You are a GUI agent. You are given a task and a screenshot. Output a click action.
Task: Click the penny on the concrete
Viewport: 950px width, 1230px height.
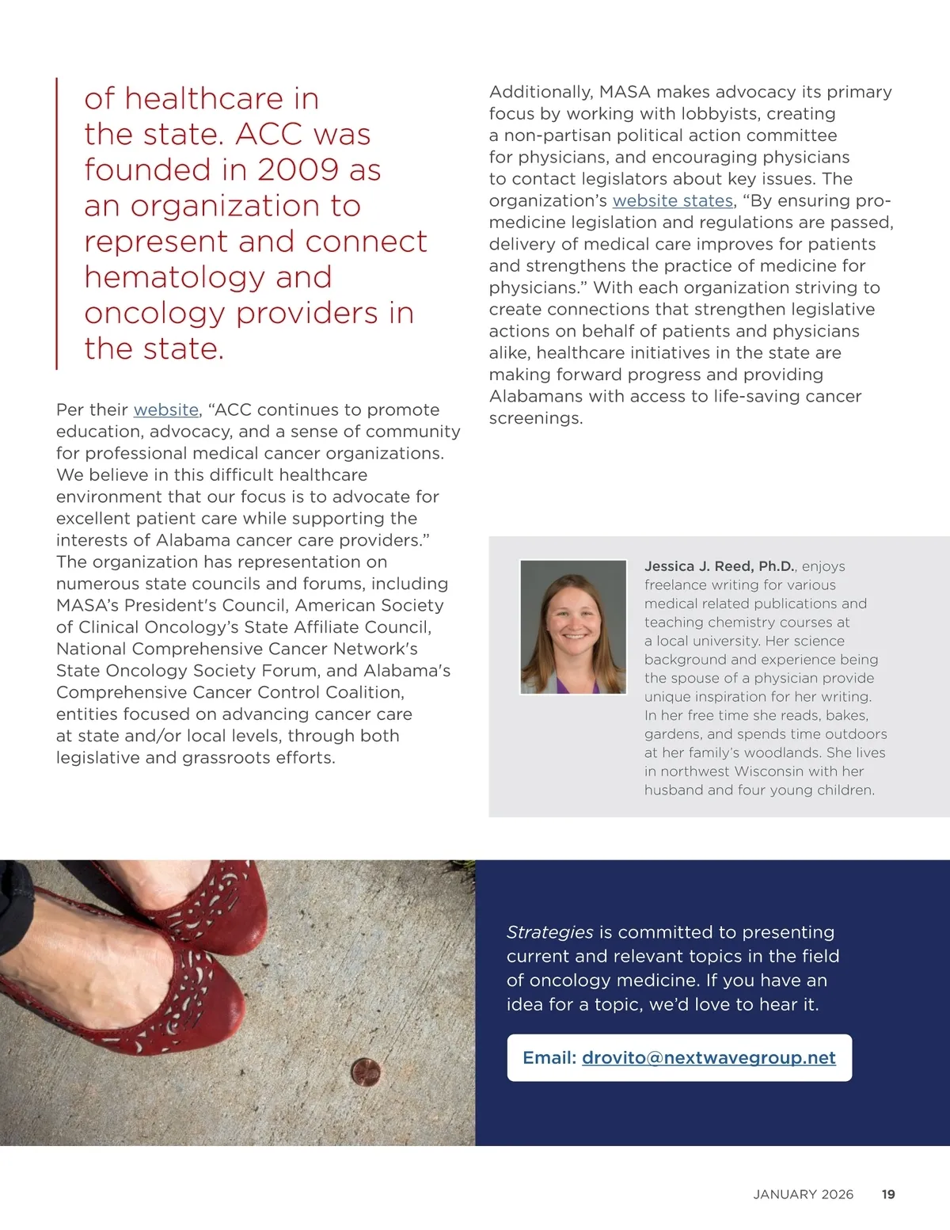pyautogui.click(x=366, y=1073)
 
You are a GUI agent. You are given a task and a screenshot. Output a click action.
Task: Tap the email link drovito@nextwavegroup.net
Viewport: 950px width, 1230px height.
pyautogui.click(x=709, y=1058)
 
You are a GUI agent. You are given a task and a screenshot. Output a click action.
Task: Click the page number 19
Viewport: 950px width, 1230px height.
pyautogui.click(x=888, y=1194)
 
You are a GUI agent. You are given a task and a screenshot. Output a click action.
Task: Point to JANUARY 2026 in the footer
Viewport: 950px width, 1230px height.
pyautogui.click(x=803, y=1194)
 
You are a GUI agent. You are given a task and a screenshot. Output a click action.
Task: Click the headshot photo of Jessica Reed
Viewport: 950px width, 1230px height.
pyautogui.click(x=573, y=627)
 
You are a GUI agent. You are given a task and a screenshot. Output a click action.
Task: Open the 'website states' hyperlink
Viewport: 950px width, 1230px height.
pyautogui.click(x=672, y=201)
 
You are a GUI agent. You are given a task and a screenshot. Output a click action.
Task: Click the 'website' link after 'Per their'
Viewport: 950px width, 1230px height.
pyautogui.click(x=165, y=410)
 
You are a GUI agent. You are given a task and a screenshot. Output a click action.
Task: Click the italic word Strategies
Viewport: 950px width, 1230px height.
pyautogui.click(x=549, y=932)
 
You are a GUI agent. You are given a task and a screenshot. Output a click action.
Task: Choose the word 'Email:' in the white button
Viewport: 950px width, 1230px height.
pyautogui.click(x=549, y=1058)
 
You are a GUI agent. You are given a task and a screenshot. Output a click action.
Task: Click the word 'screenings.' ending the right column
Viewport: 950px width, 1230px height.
pyautogui.click(x=535, y=418)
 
